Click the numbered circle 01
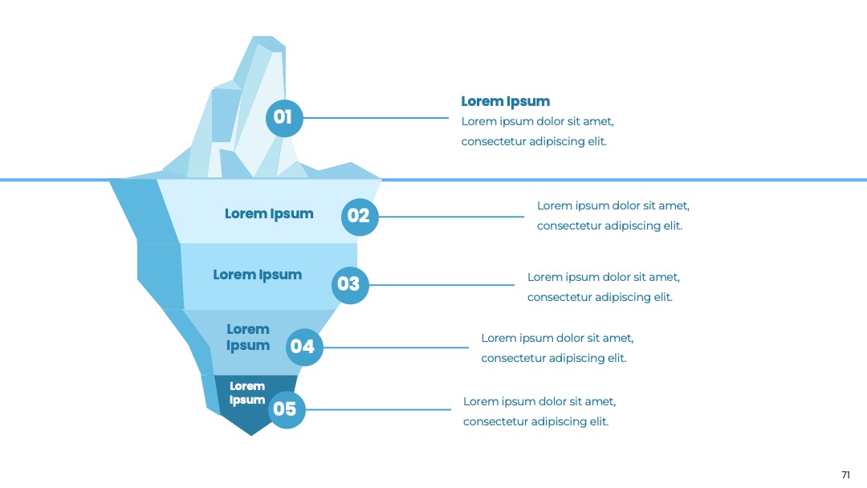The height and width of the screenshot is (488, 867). point(284,118)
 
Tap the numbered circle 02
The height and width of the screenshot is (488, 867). point(360,217)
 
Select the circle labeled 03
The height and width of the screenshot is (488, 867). point(350,285)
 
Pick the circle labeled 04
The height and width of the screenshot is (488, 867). point(304,347)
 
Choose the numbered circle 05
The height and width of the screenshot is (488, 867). point(287,409)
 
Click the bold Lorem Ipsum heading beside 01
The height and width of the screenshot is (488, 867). point(506,102)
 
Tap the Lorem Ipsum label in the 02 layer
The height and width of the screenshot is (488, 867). point(269,213)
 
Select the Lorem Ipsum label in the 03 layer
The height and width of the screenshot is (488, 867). point(257,275)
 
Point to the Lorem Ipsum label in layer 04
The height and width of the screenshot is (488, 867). point(248,337)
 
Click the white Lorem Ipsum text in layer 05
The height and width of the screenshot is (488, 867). point(247,393)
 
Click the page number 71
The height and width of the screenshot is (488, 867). point(845,474)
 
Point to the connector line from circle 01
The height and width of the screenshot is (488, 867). point(376,118)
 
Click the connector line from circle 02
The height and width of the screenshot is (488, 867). point(451,217)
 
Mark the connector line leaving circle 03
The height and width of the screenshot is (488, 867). point(442,285)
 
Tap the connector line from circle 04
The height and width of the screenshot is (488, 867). point(396,348)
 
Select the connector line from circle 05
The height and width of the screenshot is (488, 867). point(378,409)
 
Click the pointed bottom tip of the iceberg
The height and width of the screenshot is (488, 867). point(251,436)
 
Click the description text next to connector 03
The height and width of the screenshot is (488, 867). point(603,287)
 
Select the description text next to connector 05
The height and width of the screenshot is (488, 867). point(539,411)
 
